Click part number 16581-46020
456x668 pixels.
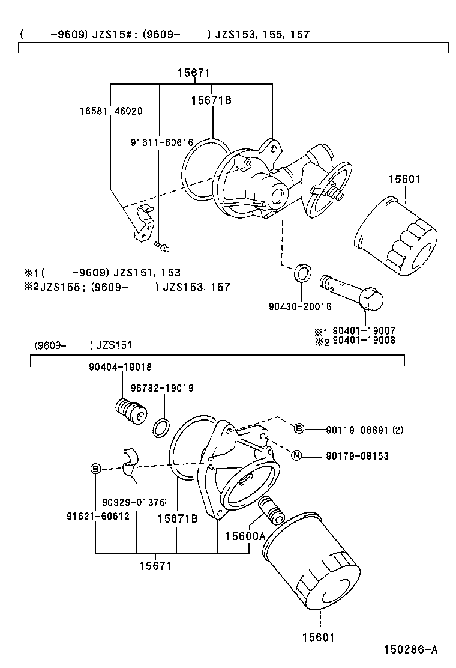pos(111,111)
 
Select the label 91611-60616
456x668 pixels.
pos(162,142)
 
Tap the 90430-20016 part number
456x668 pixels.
pos(300,306)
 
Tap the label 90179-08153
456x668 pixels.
pos(358,457)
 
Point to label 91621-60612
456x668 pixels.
pos(98,516)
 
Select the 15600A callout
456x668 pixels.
pos(245,535)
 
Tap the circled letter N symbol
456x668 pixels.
pos(296,457)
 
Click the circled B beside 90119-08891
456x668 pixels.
pos(299,429)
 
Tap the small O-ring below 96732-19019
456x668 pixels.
pos(161,428)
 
